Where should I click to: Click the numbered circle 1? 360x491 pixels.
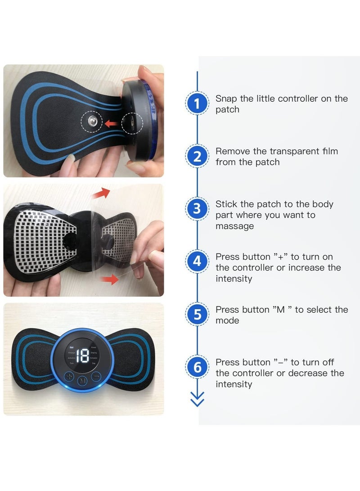coord(197,104)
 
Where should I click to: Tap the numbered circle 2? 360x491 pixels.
coord(197,157)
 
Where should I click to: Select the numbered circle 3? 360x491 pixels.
coord(197,209)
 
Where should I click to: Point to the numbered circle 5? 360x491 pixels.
coord(197,315)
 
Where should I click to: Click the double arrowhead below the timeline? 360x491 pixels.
coord(197,399)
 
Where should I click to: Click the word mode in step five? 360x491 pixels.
coord(227,320)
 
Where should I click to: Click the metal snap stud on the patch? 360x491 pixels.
coord(91,122)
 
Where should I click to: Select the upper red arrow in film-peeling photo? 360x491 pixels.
coord(103,194)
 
